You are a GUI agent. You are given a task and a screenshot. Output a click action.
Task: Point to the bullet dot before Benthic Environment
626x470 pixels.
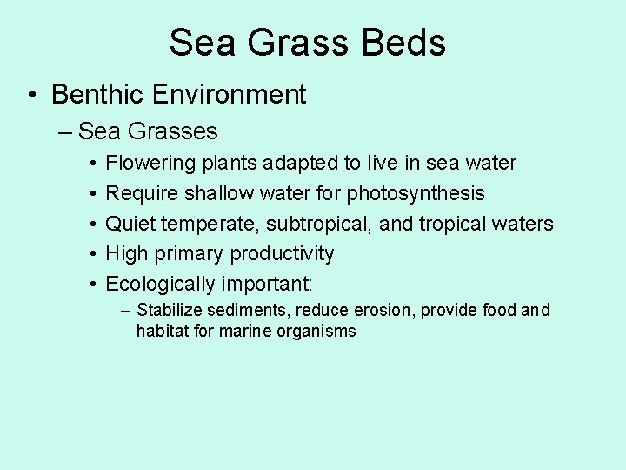pos(31,94)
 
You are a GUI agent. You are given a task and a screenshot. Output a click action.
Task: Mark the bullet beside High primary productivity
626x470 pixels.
pos(92,254)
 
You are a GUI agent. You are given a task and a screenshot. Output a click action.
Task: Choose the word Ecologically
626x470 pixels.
pos(160,284)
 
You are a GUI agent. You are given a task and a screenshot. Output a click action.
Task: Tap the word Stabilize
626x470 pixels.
pos(170,310)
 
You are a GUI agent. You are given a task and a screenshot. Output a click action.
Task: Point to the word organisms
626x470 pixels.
pos(318,332)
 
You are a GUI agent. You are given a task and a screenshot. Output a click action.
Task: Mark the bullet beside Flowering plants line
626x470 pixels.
pos(92,164)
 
